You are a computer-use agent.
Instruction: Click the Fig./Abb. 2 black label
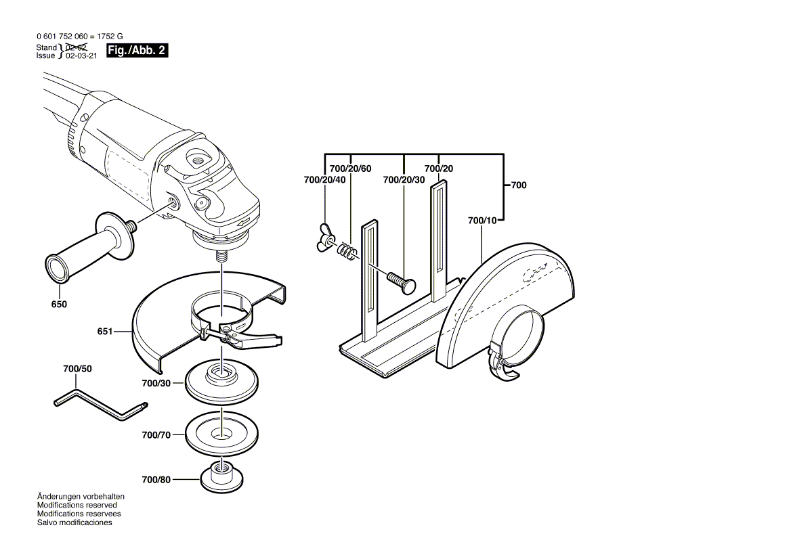click(x=137, y=51)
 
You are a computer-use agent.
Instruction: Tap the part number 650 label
click(x=59, y=305)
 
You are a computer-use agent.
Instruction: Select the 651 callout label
click(x=105, y=332)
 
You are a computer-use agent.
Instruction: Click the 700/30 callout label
click(x=156, y=383)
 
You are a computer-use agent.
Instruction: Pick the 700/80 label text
click(x=156, y=480)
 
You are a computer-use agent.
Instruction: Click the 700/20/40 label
click(x=325, y=179)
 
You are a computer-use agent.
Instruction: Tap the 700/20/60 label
click(x=350, y=168)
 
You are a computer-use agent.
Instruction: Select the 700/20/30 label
click(x=404, y=179)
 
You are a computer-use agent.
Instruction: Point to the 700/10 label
click(x=482, y=220)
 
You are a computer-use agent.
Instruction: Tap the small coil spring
click(x=347, y=250)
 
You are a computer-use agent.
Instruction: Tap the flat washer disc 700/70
click(x=220, y=434)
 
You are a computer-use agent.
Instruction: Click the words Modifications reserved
click(x=77, y=505)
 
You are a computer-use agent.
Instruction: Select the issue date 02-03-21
click(x=81, y=56)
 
